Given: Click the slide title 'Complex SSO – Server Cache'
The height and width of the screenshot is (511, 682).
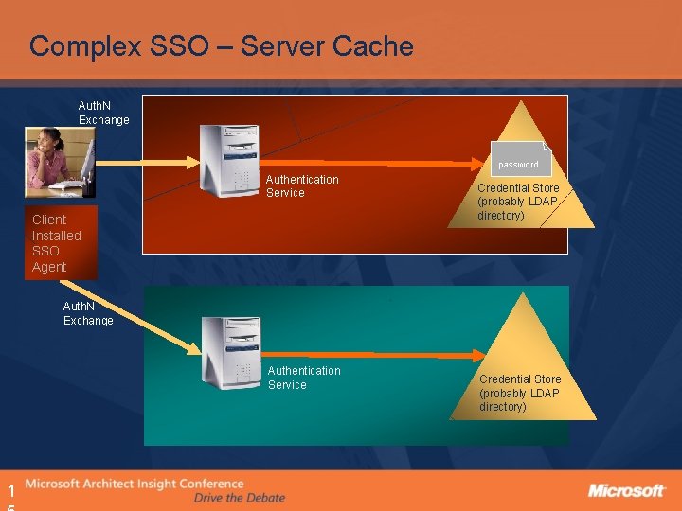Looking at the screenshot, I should pos(221,45).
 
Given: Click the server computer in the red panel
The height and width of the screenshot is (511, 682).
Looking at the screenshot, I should pos(230,160).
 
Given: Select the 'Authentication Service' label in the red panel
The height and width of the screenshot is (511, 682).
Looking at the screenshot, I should pos(301,186).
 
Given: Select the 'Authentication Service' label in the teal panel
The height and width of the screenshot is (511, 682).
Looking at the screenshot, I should pos(303,378).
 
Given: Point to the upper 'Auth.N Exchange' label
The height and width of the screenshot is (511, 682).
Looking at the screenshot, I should pos(103,114).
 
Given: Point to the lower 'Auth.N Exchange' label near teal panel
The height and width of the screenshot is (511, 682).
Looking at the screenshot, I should pos(88,314).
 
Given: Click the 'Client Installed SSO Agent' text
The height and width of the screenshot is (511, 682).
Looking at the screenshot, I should pos(57,243).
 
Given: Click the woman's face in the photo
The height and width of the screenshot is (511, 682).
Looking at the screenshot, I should pos(46,142).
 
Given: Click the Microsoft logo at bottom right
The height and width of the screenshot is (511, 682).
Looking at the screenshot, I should pos(626,490).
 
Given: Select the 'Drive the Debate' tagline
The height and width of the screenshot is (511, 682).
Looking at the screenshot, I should pos(239,498).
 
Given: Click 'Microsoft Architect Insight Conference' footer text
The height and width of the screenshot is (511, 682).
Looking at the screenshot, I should pos(135,485).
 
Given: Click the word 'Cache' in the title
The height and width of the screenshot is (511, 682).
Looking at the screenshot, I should pos(373,45).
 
